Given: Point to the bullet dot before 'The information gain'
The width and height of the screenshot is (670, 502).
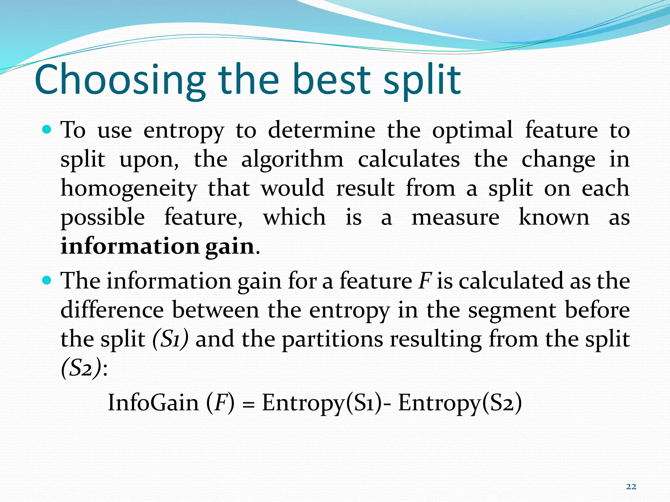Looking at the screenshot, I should pyautogui.click(x=47, y=280).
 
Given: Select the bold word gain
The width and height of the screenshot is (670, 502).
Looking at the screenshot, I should pyautogui.click(x=230, y=247).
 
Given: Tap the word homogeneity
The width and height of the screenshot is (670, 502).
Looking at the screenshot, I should pyautogui.click(x=129, y=189).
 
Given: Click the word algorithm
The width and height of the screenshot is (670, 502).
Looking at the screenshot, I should pyautogui.click(x=292, y=160).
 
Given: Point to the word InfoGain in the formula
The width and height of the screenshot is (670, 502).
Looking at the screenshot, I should pyautogui.click(x=153, y=402).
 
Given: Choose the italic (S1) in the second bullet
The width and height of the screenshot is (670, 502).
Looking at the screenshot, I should pyautogui.click(x=170, y=339).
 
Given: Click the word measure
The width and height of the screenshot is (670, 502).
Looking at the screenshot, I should pyautogui.click(x=455, y=218).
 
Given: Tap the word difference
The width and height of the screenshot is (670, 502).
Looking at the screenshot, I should pyautogui.click(x=112, y=310).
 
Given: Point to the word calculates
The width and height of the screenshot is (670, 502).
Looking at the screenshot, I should pyautogui.click(x=409, y=160).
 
